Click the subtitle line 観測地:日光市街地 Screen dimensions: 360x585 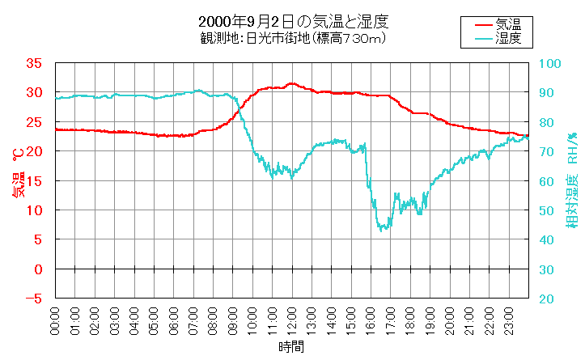pyautogui.click(x=292, y=38)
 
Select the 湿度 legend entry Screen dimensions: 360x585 pyautogui.click(x=508, y=37)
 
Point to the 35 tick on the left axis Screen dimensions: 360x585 pyautogui.click(x=34, y=63)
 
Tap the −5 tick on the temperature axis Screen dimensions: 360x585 pyautogui.click(x=34, y=299)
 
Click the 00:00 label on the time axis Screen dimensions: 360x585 pyautogui.click(x=55, y=322)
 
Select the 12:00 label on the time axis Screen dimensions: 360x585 pyautogui.click(x=292, y=322)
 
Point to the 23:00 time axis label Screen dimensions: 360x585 pyautogui.click(x=510, y=322)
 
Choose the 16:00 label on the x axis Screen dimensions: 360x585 pyautogui.click(x=371, y=322)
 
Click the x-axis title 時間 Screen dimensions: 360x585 pyautogui.click(x=292, y=348)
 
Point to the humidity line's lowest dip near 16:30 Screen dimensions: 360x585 pyautogui.click(x=383, y=230)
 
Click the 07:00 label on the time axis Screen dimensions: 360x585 pyautogui.click(x=193, y=322)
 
